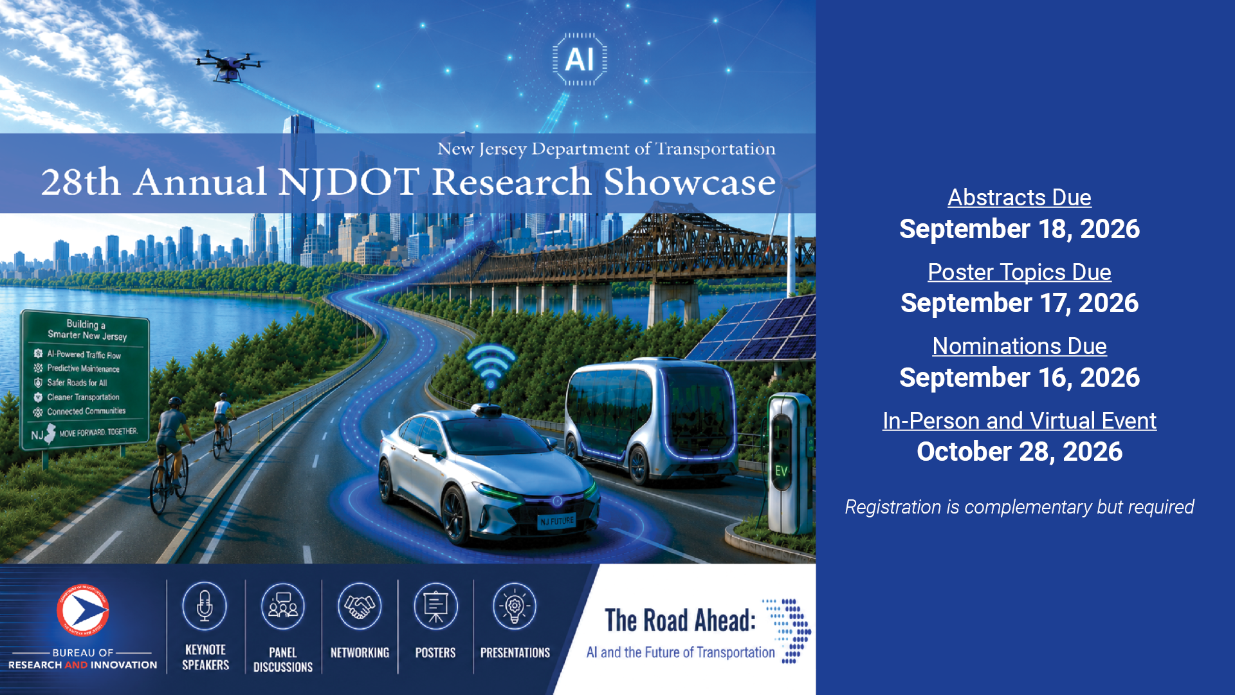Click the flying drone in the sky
(x=229, y=65)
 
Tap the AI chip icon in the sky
(x=580, y=59)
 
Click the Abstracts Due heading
(x=1019, y=198)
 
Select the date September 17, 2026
(x=1019, y=303)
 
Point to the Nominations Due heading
(x=1019, y=346)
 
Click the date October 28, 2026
(x=1019, y=452)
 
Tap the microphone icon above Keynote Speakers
(x=205, y=606)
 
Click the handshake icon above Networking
(x=360, y=606)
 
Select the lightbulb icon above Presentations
(x=515, y=606)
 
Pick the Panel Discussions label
(x=283, y=660)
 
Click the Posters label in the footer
(x=435, y=653)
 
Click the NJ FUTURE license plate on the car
(x=557, y=521)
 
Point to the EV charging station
(x=790, y=463)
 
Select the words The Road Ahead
(x=681, y=620)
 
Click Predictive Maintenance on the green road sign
(x=83, y=369)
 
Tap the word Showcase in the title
(x=690, y=182)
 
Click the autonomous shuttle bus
(x=650, y=418)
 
